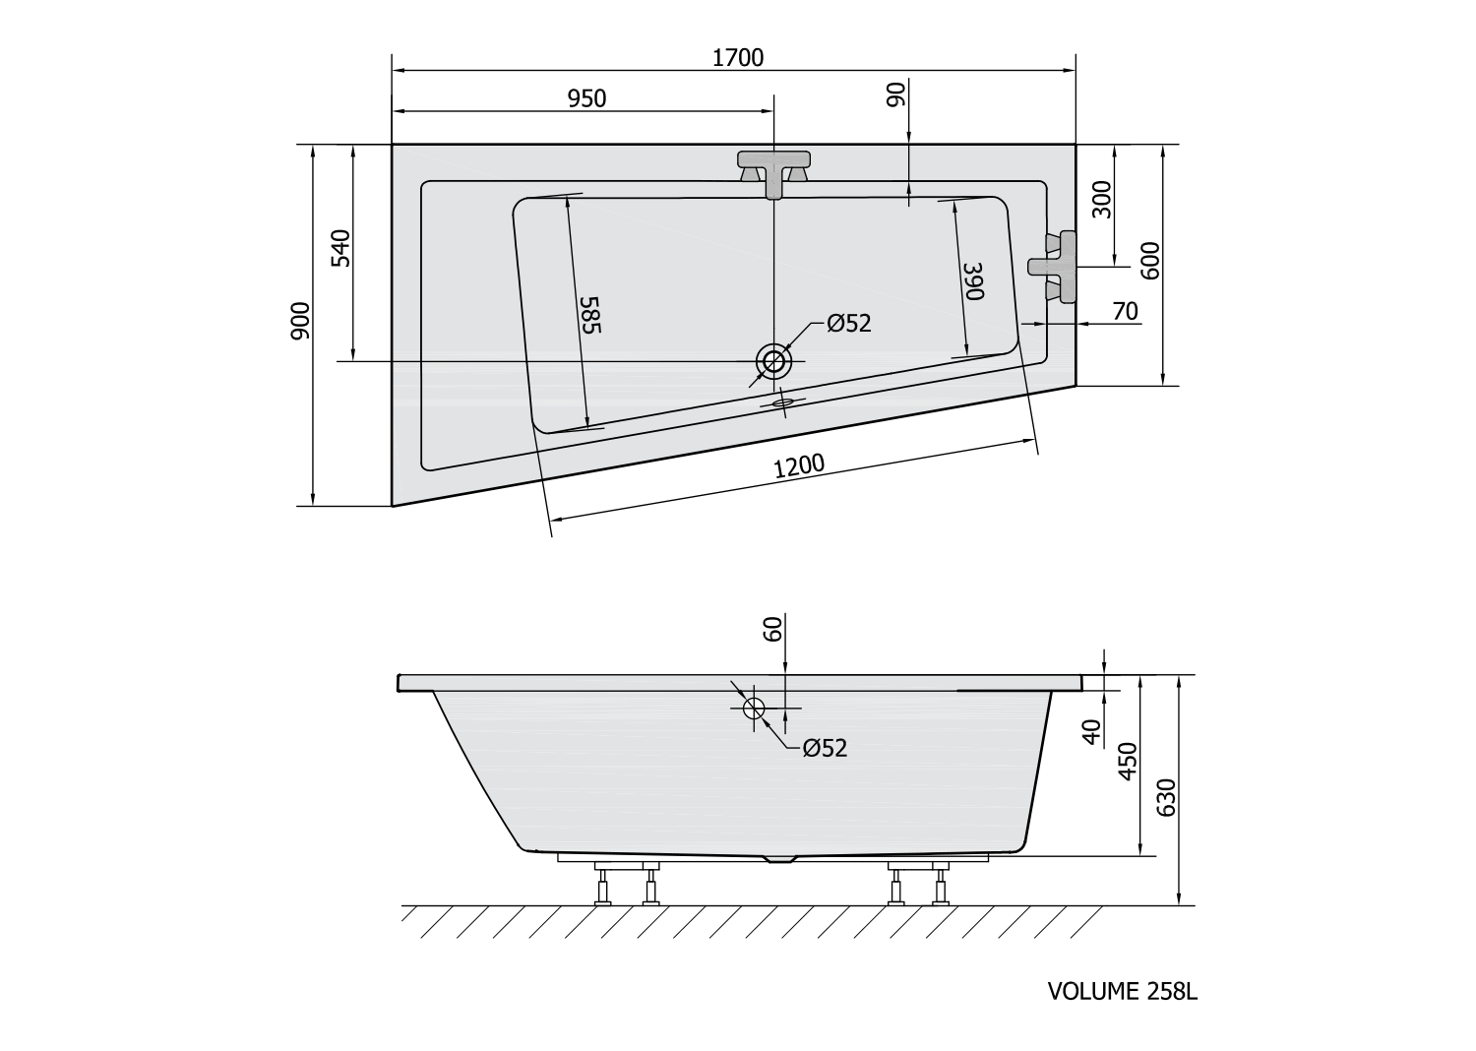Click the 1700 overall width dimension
click(737, 58)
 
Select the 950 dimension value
click(586, 98)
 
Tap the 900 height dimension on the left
click(301, 321)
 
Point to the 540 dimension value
click(340, 249)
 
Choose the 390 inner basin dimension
click(972, 281)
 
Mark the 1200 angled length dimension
click(798, 467)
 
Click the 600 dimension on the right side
click(1152, 261)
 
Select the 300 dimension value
click(1102, 201)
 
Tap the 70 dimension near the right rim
click(1125, 312)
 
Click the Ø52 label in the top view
click(849, 323)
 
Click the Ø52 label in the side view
click(824, 748)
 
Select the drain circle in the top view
click(774, 361)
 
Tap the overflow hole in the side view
click(755, 708)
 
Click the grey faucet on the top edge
click(774, 168)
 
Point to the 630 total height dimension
click(1167, 797)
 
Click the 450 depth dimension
click(1129, 761)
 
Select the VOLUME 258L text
click(1122, 991)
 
